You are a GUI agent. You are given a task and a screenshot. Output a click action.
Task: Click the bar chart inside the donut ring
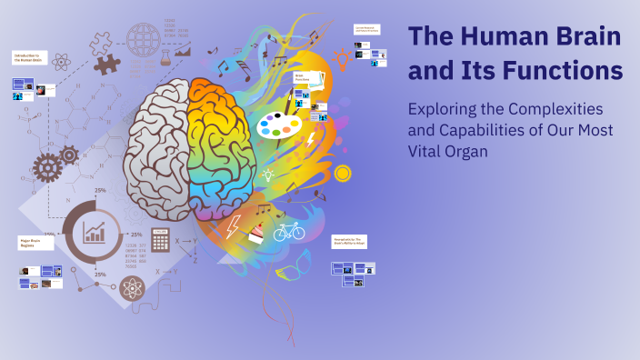(x=95, y=232)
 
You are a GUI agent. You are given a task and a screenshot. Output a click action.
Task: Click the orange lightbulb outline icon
(x=342, y=59)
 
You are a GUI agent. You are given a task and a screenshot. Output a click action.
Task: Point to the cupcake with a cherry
(x=257, y=233)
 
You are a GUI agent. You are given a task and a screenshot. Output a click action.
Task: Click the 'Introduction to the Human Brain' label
(x=29, y=57)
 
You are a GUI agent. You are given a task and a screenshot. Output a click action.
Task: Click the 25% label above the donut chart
(x=99, y=190)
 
